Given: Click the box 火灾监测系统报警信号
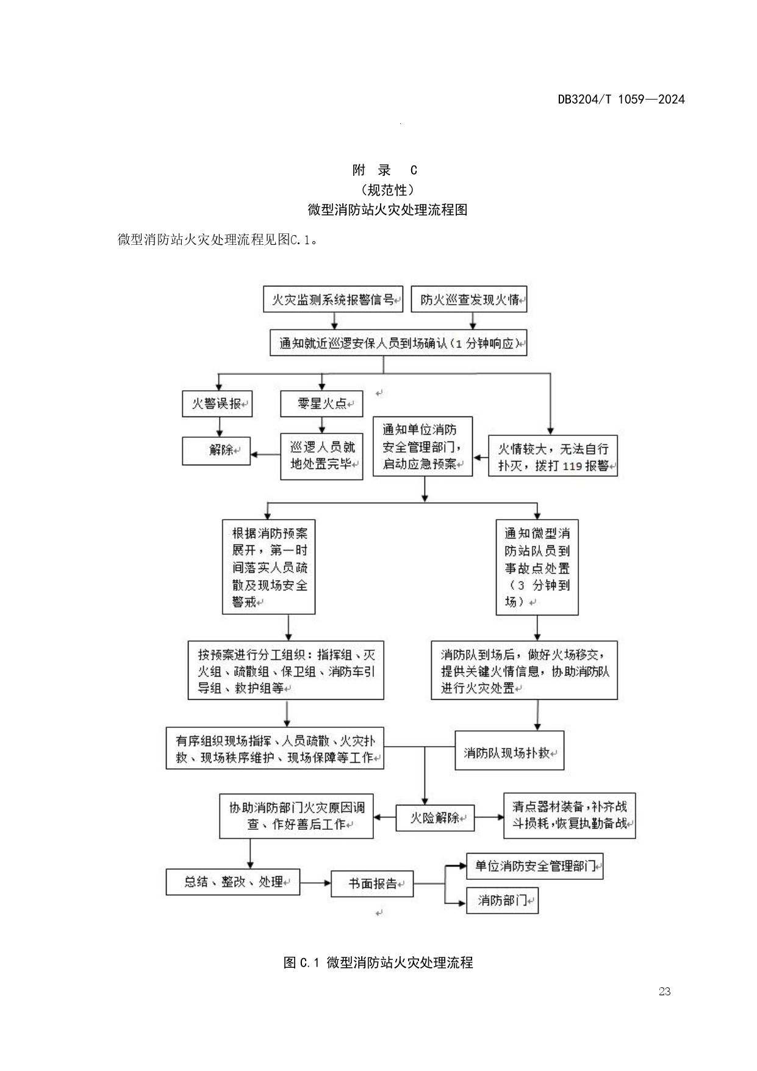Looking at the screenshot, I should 333,299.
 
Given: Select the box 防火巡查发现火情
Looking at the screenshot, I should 469,299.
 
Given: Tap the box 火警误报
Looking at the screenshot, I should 217,404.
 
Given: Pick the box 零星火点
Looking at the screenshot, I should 321,404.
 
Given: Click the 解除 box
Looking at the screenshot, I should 217,451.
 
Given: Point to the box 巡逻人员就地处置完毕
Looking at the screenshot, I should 321,456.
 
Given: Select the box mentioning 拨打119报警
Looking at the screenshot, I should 553,456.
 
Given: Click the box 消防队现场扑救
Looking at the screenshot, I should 509,752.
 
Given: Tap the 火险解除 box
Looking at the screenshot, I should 435,818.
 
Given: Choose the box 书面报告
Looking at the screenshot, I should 372,883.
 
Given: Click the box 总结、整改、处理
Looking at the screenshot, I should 233,882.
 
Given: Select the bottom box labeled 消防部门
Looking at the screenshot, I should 502,900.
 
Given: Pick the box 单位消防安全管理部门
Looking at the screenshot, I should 534,866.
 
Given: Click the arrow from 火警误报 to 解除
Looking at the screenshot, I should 217,427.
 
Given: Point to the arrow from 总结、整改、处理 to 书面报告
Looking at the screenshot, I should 315,882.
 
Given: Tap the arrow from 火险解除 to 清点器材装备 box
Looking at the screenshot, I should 489,817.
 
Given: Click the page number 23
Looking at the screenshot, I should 664,991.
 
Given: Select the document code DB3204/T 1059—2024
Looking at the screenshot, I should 621,100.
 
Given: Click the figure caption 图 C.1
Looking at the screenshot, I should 378,962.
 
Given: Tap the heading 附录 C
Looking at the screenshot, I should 385,170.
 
